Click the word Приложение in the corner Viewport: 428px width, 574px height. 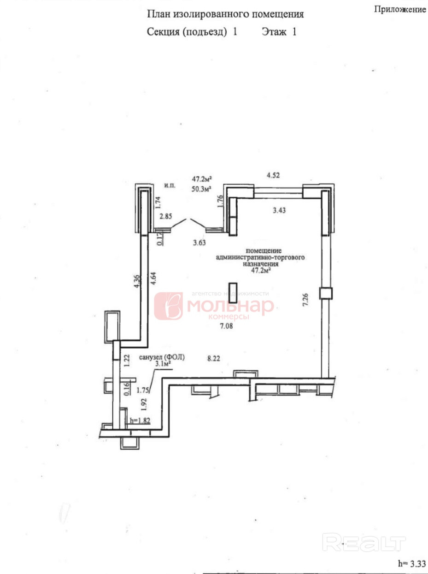(400, 10)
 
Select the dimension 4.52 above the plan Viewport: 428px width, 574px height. (273, 175)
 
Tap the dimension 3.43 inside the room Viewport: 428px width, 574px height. (279, 210)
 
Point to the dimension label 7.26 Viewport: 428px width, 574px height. (305, 300)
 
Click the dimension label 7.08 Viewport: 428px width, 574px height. (226, 326)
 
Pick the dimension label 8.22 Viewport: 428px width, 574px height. (214, 358)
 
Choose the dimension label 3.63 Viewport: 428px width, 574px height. (199, 243)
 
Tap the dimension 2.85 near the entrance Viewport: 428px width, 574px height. (166, 217)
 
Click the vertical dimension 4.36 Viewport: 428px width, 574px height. (136, 281)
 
